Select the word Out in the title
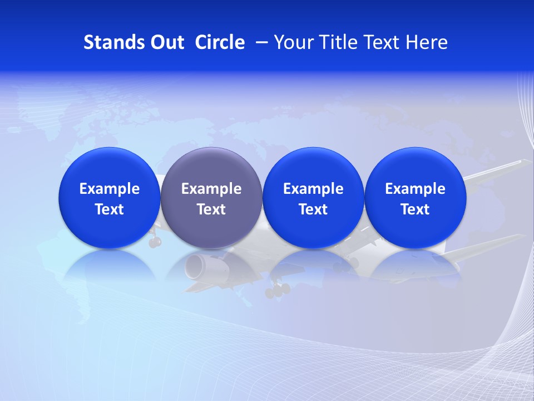(x=165, y=42)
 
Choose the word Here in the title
(x=426, y=42)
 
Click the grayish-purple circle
(x=211, y=198)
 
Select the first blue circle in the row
(x=109, y=198)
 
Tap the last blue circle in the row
(x=415, y=198)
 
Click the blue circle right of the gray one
(x=313, y=198)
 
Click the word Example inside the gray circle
(x=211, y=189)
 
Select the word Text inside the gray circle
(x=211, y=209)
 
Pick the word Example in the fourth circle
(x=415, y=189)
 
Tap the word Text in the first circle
(x=110, y=209)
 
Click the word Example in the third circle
(x=313, y=189)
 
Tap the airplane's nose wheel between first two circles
(x=155, y=242)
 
